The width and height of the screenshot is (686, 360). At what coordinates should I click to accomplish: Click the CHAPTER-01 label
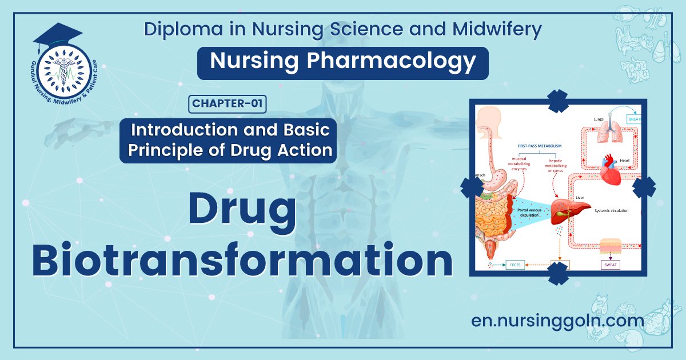[x=227, y=103]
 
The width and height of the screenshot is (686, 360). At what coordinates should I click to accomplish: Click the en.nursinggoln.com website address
[x=557, y=320]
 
